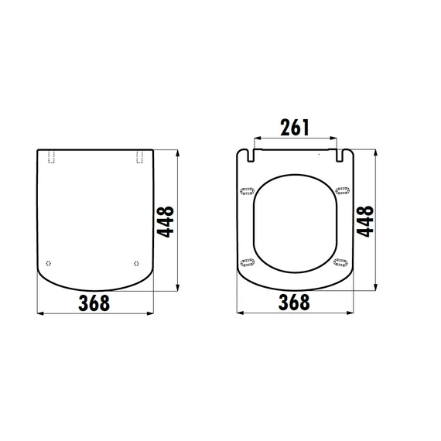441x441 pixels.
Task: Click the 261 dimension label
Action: pos(295,128)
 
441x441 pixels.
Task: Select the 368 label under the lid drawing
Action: pos(94,303)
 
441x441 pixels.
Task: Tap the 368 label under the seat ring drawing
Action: pos(294,302)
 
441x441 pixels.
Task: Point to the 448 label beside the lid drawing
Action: pos(166,221)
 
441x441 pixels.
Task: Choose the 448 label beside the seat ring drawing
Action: pos(365,221)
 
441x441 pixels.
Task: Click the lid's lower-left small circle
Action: pos(49,263)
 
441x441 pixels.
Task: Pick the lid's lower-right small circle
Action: pos(136,264)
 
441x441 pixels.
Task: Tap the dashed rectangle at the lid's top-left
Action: pos(52,157)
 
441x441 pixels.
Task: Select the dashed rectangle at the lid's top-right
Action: pos(139,157)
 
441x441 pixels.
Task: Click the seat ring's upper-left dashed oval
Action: pos(248,191)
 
